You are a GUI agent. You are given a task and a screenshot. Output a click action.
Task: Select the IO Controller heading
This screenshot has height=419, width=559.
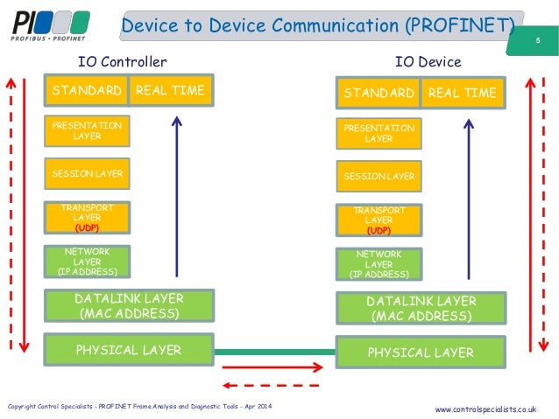122,62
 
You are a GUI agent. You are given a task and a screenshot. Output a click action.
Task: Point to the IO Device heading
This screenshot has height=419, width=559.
428,62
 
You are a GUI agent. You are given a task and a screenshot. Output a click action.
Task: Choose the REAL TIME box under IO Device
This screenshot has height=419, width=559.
462,93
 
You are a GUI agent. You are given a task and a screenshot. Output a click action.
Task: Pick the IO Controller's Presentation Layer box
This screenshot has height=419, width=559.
88,131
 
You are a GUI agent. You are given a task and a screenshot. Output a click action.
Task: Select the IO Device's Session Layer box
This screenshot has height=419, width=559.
379,177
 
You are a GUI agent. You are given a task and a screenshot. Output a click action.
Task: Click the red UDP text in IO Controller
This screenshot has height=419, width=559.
88,227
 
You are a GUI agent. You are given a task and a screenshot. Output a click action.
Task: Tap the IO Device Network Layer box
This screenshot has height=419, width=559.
379,263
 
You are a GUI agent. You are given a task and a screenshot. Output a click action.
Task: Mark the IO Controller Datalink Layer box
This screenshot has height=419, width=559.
129,306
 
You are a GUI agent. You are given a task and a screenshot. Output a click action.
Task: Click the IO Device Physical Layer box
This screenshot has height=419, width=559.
421,353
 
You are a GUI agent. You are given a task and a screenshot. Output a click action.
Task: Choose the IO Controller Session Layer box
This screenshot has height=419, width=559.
88,174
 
